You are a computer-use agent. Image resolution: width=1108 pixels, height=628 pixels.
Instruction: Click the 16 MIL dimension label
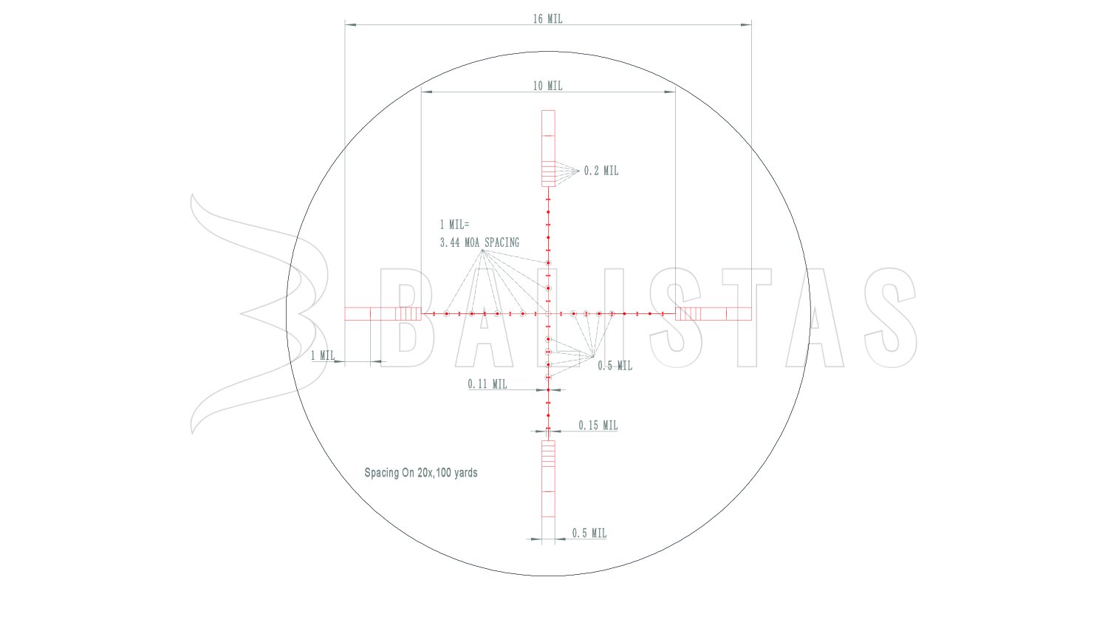click(x=547, y=18)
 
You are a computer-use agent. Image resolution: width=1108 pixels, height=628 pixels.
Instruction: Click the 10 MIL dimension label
click(x=547, y=86)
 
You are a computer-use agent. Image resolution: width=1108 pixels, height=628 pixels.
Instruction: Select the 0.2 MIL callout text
click(x=601, y=171)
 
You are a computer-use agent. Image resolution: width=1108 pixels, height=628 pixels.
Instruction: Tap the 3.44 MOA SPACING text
click(x=480, y=242)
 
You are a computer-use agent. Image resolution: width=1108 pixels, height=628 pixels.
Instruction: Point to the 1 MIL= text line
click(x=454, y=225)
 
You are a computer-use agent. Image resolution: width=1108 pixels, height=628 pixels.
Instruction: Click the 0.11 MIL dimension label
click(x=488, y=384)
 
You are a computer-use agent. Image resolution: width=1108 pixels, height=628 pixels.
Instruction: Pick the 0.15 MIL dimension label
click(x=598, y=425)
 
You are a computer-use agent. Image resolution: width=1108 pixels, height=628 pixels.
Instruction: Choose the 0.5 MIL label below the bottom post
click(x=589, y=533)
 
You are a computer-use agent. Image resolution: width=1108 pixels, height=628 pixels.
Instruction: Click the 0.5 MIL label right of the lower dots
click(x=615, y=366)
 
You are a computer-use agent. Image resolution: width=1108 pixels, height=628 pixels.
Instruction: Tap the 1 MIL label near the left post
click(x=323, y=355)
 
